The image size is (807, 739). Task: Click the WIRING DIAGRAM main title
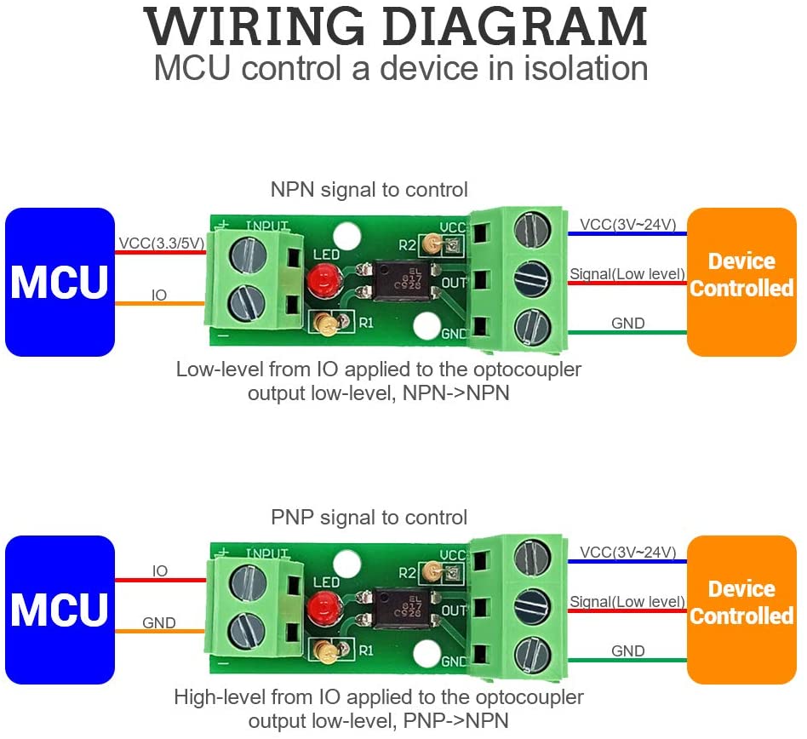(396, 27)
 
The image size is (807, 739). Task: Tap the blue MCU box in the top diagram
(60, 282)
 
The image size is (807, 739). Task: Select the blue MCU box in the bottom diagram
(60, 610)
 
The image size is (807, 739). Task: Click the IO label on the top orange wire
(159, 295)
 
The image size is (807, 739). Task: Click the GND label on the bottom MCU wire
(159, 623)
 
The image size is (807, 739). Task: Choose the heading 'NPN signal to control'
(369, 189)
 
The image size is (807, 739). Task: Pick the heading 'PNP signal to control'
(369, 517)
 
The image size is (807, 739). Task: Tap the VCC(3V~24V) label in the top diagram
(628, 225)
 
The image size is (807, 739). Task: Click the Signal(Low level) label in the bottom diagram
(628, 602)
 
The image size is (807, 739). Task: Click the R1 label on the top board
(366, 323)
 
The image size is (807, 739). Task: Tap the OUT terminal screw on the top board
(531, 279)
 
